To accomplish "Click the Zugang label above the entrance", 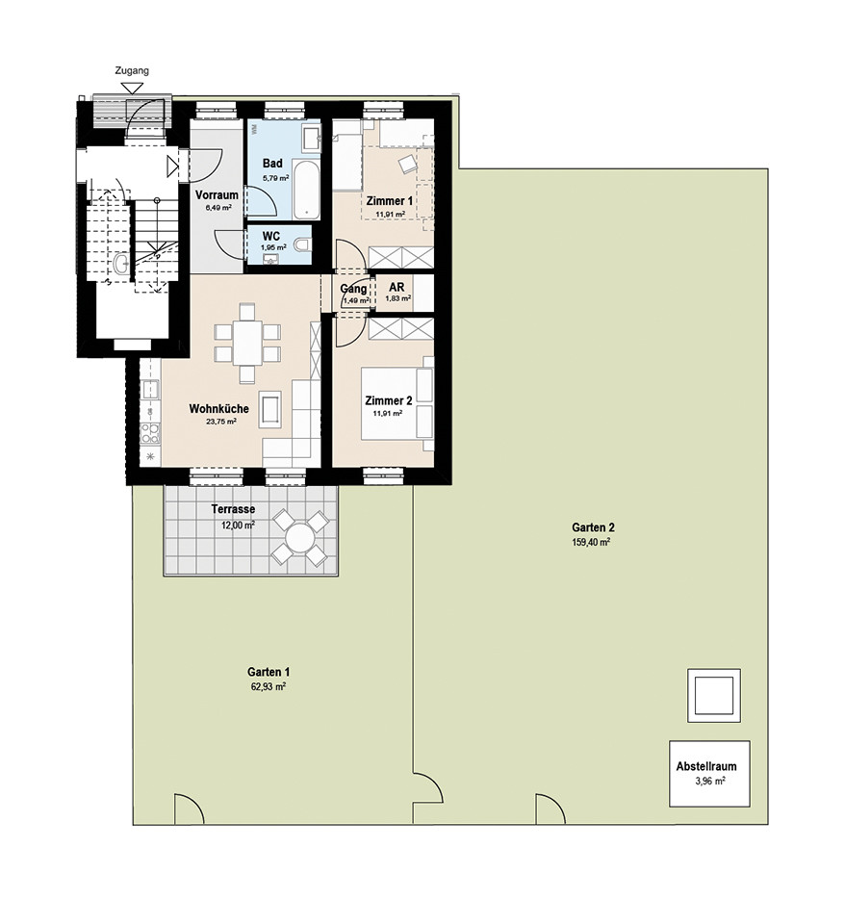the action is click(132, 70).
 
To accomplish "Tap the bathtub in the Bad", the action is click(306, 189).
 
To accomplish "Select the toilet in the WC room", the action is click(302, 244).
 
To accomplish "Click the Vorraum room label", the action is click(217, 195).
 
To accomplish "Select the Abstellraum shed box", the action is click(709, 774).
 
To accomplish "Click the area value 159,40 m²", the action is click(590, 542).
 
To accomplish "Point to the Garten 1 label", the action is click(269, 672).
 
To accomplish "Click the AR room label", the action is click(397, 287).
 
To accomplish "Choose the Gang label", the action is click(353, 289).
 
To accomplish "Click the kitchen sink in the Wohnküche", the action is click(150, 390).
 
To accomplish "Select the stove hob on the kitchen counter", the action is click(150, 433).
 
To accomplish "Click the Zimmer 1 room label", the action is click(389, 201).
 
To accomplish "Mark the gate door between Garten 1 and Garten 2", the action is click(428, 787).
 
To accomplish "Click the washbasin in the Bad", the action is click(311, 139).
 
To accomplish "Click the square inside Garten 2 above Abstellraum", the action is click(713, 695).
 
